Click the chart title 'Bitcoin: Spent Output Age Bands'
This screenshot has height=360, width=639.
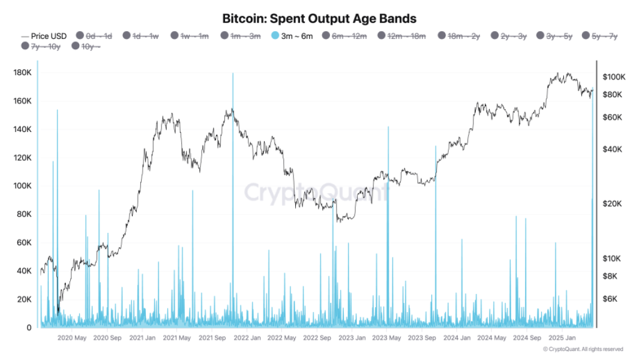pos(319,19)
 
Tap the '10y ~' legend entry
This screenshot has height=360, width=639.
pos(91,46)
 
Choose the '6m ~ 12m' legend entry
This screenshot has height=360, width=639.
pos(349,36)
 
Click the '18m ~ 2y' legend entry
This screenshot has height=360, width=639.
pos(463,36)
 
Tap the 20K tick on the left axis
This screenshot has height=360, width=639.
pos(23,299)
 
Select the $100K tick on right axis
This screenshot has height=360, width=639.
pos(614,77)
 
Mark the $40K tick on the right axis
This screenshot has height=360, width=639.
pos(613,149)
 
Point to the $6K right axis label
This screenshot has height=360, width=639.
pos(611,299)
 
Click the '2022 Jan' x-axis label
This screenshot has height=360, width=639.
pos(247,338)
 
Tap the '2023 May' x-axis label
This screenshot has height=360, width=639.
pos(386,338)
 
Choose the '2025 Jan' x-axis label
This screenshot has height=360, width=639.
pos(562,338)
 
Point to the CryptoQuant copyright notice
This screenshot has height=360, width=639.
pos(583,349)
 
